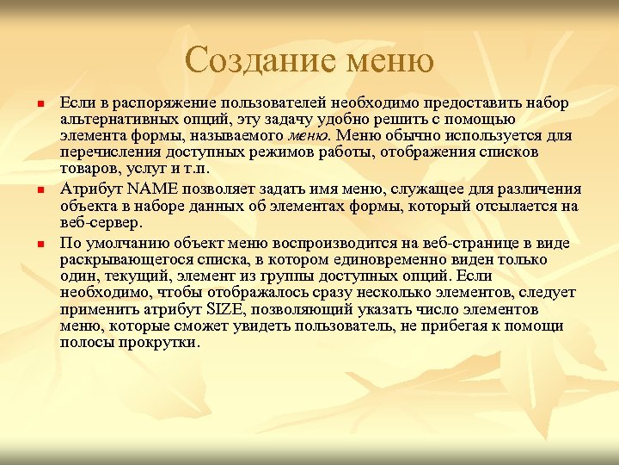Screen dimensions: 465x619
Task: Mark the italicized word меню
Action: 309,136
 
